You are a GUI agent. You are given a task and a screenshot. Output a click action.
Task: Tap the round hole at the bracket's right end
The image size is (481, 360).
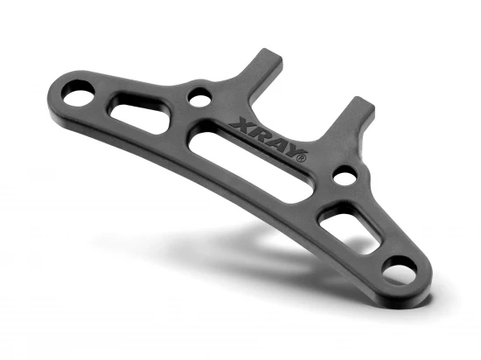399,269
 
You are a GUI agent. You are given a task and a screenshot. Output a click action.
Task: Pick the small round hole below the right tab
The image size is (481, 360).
345,177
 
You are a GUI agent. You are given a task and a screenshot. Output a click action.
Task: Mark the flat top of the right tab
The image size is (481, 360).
363,104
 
